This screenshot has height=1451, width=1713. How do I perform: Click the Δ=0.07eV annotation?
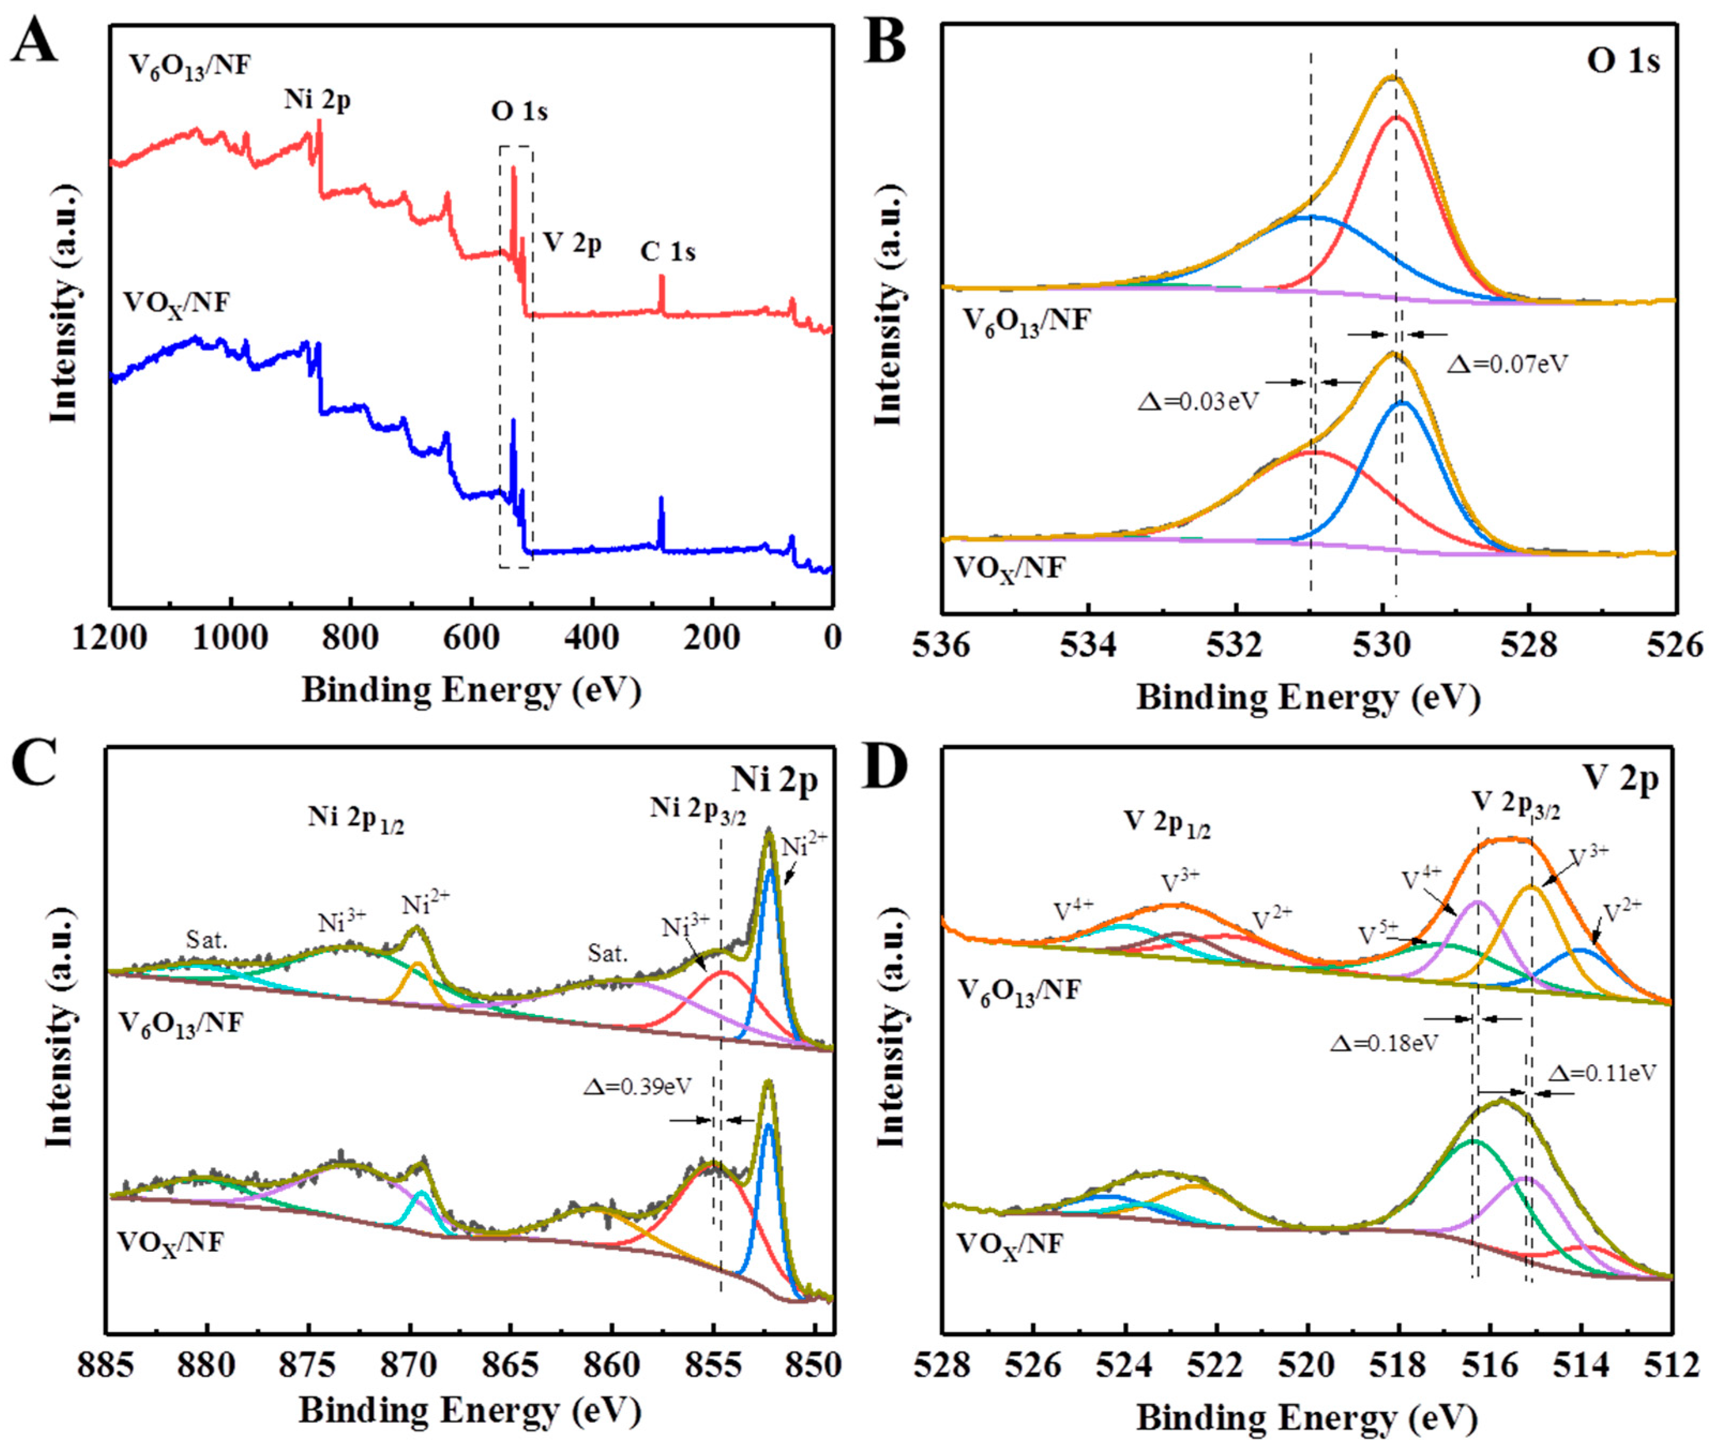pyautogui.click(x=1507, y=364)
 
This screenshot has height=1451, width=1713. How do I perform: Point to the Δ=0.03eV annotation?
pyautogui.click(x=1199, y=401)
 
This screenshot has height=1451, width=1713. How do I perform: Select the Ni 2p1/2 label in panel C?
pyautogui.click(x=356, y=817)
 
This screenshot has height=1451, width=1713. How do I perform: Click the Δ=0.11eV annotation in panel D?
pyautogui.click(x=1602, y=1073)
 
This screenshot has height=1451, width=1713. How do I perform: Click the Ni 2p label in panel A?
pyautogui.click(x=318, y=100)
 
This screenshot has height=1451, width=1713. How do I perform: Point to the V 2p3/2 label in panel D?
pyautogui.click(x=1515, y=805)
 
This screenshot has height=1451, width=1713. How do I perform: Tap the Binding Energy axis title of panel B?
pyautogui.click(x=1308, y=698)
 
